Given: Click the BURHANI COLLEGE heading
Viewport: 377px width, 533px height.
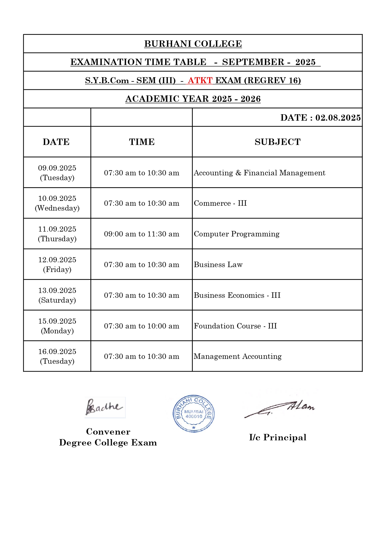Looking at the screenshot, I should tap(193, 44).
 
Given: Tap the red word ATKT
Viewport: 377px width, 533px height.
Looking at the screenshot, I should tap(200, 81).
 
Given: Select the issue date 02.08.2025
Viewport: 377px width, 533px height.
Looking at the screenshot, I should tap(338, 118).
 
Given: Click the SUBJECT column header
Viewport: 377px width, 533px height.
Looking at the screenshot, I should tap(277, 142).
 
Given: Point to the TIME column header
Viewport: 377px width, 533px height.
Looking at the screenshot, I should tap(142, 142).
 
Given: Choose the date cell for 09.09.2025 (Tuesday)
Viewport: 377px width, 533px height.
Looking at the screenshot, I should tap(57, 173).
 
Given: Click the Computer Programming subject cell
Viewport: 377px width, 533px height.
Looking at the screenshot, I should tap(237, 234).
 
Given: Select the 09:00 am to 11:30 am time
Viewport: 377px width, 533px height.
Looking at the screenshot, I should tap(142, 234).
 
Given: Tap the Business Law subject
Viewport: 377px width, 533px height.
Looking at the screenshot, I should tap(218, 265).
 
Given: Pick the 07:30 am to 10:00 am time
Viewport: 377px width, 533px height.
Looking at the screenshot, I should tap(142, 326).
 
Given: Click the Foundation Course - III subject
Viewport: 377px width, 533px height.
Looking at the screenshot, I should tap(235, 326).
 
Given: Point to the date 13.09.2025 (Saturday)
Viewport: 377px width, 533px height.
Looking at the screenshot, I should tap(57, 295).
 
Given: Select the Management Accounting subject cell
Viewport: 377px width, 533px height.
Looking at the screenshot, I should tap(237, 356).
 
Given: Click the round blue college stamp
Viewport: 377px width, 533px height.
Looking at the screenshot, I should tap(194, 414).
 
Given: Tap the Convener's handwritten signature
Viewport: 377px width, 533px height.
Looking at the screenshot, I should tap(104, 407).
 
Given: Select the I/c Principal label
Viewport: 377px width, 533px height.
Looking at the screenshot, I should tap(278, 438).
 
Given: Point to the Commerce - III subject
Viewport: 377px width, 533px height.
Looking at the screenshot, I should tap(220, 203).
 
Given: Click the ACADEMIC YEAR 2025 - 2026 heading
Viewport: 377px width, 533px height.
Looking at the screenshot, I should tap(193, 99).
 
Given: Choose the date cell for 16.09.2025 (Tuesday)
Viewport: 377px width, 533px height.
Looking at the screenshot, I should tap(57, 356).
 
